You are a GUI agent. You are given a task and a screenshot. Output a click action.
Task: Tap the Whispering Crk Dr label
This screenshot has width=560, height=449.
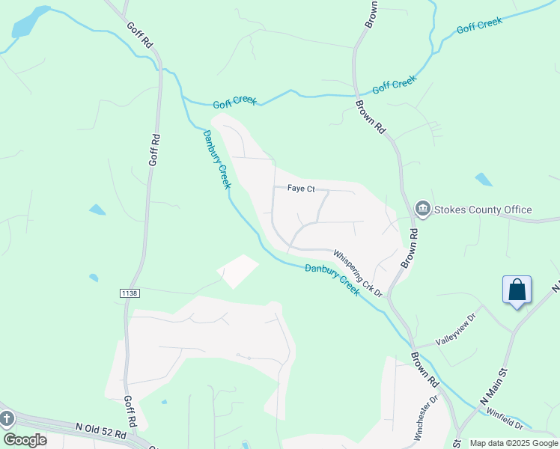point(358,274)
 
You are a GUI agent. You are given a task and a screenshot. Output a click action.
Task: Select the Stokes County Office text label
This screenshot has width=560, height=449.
point(482,210)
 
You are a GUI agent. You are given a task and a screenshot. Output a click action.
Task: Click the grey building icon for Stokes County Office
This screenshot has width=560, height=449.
point(422,209)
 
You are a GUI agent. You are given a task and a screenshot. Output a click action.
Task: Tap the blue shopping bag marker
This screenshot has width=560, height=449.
point(517,290)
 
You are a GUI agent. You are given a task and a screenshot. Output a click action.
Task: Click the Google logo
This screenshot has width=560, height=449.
point(25,440)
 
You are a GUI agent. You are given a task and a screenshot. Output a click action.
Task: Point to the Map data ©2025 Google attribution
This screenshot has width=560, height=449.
point(514,443)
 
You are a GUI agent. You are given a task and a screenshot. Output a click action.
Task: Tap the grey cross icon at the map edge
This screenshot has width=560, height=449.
point(6,418)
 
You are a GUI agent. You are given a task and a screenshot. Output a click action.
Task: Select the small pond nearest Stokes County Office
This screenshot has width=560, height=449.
point(484,180)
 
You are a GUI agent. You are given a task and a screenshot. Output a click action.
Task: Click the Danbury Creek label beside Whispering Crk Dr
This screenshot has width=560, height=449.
point(332,278)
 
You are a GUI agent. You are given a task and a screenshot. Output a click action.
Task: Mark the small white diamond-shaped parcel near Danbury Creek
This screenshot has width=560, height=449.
point(237,272)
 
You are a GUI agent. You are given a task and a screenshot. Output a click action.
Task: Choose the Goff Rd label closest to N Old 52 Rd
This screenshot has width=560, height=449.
point(128,411)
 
